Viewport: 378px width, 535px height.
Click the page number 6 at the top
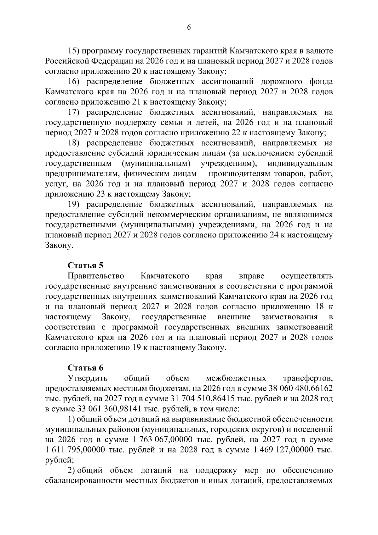coord(189,27)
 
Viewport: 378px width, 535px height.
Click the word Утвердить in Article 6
coord(88,378)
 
